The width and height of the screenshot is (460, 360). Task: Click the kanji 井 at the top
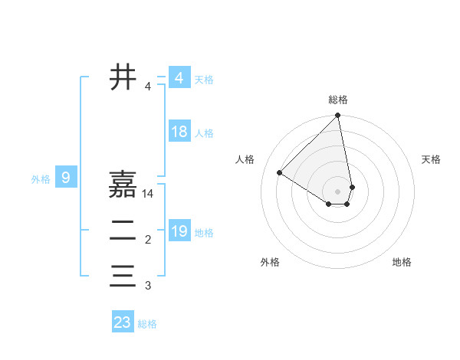coord(123,77)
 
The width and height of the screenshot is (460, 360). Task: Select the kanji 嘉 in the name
coord(123,185)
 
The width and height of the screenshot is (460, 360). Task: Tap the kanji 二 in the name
coord(123,231)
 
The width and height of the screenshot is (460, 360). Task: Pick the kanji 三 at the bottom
coord(123,277)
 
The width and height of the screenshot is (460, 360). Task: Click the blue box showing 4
coord(179,78)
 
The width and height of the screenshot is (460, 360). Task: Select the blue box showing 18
coord(179,132)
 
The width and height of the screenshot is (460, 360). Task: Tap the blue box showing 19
coord(179,231)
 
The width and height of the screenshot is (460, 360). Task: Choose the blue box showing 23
coord(123,322)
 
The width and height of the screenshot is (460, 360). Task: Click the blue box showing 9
coord(66,178)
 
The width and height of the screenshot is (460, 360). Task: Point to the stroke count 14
coord(148,194)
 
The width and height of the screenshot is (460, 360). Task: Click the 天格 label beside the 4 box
coord(204,79)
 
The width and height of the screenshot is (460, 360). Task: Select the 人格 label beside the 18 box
coord(204,133)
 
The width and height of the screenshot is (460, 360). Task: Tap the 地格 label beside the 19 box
coord(204,232)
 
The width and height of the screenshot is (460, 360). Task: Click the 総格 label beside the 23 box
coord(147,324)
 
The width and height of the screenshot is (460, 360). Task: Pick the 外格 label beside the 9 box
coord(41,179)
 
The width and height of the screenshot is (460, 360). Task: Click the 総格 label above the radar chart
coord(338,100)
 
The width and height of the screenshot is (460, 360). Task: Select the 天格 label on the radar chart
coord(431,159)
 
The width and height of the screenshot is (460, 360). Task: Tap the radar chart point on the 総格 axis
coord(338,116)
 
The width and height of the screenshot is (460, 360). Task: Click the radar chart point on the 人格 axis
coord(280,172)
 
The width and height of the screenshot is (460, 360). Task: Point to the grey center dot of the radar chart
coord(338,191)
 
